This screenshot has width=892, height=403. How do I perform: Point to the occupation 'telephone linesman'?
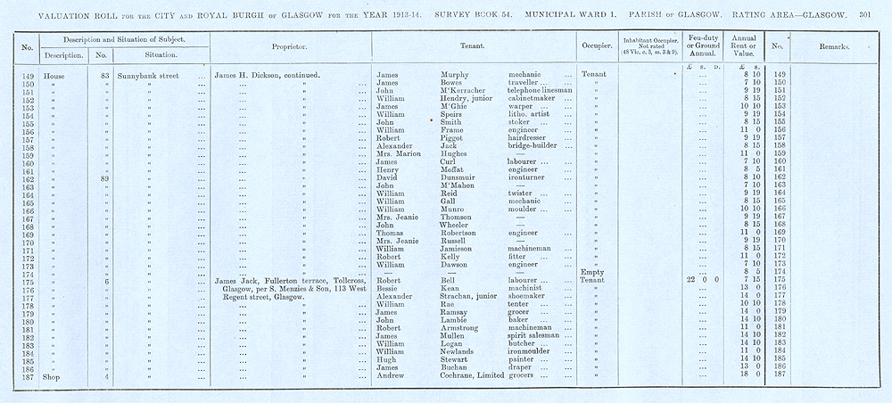[542, 91]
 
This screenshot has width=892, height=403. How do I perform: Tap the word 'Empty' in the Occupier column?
[593, 273]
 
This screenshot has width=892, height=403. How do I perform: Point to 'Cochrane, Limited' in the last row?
[476, 375]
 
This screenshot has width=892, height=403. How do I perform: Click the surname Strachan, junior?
[472, 297]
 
